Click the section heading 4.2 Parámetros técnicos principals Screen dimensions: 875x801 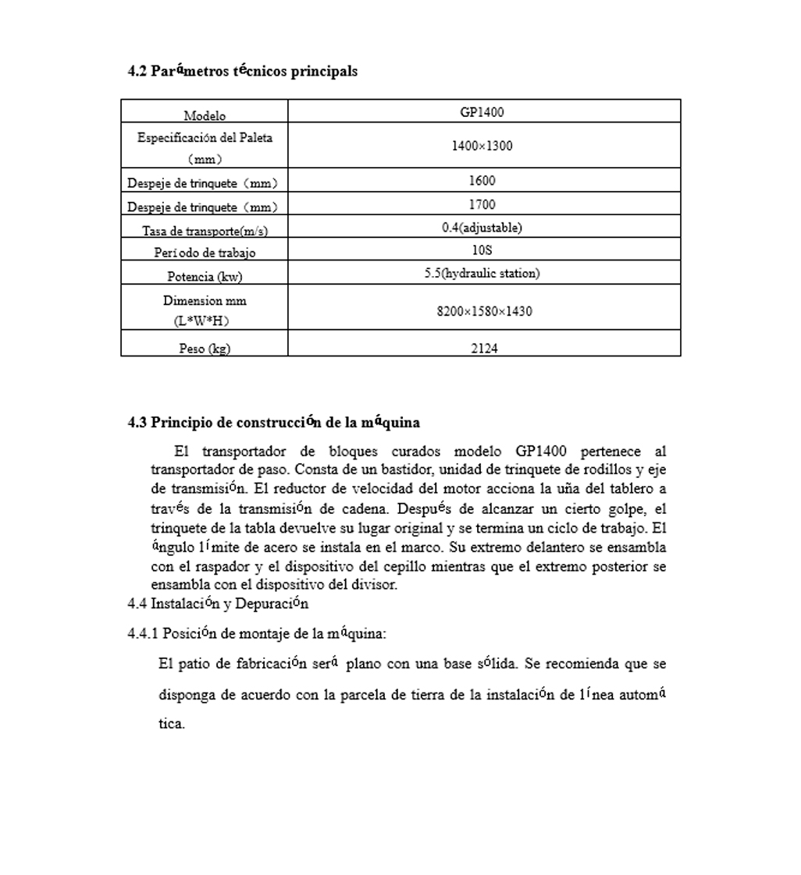pyautogui.click(x=242, y=71)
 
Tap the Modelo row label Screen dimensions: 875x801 pyautogui.click(x=205, y=116)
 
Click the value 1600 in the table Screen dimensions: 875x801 pyautogui.click(x=482, y=180)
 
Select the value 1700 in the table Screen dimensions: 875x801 pyautogui.click(x=482, y=204)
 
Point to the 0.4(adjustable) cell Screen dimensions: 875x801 pyautogui.click(x=482, y=228)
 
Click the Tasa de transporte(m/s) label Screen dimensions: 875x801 pyautogui.click(x=205, y=231)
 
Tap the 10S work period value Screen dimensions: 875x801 pyautogui.click(x=482, y=250)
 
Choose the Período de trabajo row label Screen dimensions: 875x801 pyautogui.click(x=205, y=253)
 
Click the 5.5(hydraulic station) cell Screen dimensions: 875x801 pyautogui.click(x=482, y=273)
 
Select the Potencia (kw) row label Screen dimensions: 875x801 pyautogui.click(x=205, y=276)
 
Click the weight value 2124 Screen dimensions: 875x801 pyautogui.click(x=484, y=349)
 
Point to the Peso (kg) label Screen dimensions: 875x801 pyautogui.click(x=205, y=349)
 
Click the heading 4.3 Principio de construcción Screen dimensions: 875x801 pyautogui.click(x=273, y=423)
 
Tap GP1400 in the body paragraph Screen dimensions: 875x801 pyautogui.click(x=541, y=452)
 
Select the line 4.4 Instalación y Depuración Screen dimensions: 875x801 pyautogui.click(x=218, y=604)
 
